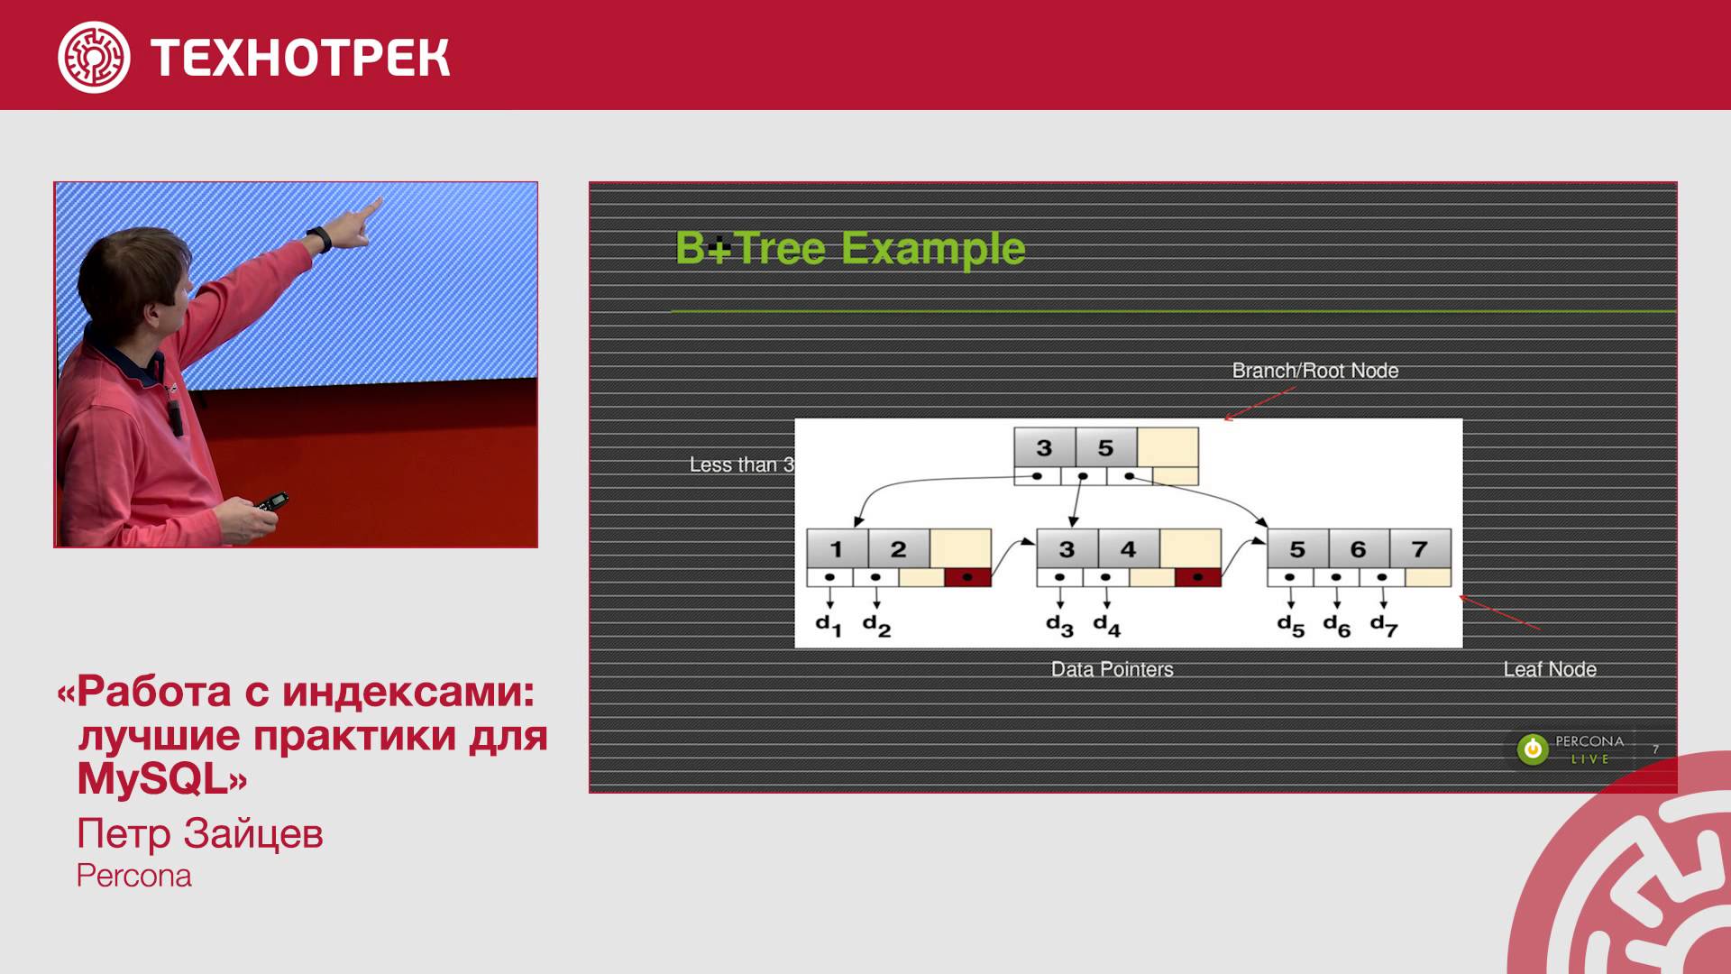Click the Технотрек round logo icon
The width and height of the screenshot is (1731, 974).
tap(94, 57)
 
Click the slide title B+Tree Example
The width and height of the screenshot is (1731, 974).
tap(850, 248)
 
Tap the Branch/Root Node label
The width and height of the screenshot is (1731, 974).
tap(1315, 371)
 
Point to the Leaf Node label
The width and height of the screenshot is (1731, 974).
tap(1550, 669)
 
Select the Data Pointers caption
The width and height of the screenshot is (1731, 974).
tap(1113, 669)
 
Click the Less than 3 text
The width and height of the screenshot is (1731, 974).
tap(742, 464)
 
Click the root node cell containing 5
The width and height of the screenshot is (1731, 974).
tap(1106, 447)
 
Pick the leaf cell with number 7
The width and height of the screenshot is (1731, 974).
tap(1420, 548)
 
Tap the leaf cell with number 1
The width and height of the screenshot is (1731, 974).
tap(837, 548)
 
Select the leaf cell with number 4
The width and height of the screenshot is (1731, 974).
tap(1129, 548)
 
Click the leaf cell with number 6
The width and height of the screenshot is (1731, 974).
tap(1359, 548)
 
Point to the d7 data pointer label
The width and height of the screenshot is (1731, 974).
tap(1384, 625)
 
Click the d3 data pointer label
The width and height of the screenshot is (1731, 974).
tap(1060, 625)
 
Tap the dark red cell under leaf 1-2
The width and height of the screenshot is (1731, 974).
tap(967, 577)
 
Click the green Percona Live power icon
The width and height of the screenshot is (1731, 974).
tap(1532, 749)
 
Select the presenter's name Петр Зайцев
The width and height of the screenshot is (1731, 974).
tap(199, 834)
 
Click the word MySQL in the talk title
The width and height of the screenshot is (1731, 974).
tap(151, 779)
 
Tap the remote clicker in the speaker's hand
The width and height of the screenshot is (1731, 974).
tap(271, 501)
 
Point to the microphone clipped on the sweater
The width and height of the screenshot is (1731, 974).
tap(175, 417)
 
